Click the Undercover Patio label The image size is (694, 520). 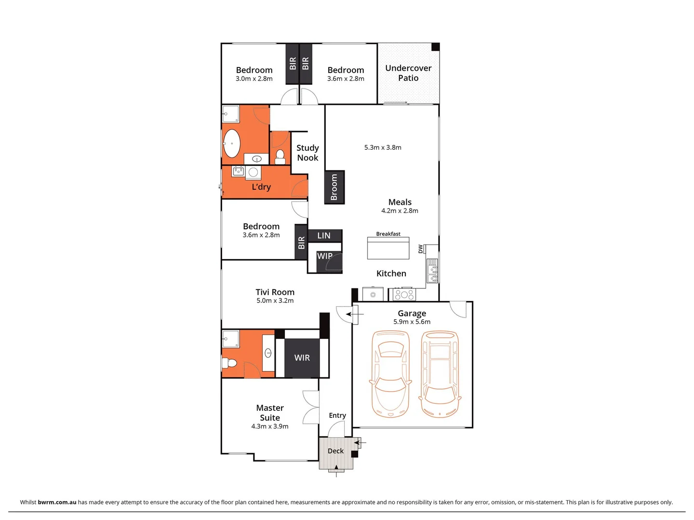pos(408,73)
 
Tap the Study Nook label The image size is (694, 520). pos(307,153)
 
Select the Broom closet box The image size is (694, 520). pos(334,187)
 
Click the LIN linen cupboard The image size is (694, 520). pos(324,235)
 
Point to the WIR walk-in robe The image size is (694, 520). pos(302,358)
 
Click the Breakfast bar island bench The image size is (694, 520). pos(387,248)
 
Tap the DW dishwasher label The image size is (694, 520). pos(420,248)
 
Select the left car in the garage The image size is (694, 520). pos(390,373)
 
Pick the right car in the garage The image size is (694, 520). pos(440,373)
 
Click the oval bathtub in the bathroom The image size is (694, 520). pos(232,143)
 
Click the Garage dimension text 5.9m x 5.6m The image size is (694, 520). pos(412,322)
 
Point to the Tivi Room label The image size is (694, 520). pos(275,292)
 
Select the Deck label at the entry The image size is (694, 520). pos(335,451)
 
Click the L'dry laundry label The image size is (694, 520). pos(261,187)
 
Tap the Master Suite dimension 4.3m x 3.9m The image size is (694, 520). pos(269,427)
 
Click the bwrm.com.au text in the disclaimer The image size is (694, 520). pos(57,502)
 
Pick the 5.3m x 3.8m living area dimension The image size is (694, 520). pos(383,148)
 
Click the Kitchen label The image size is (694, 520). pos(391,273)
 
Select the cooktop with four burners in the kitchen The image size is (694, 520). pos(404,294)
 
